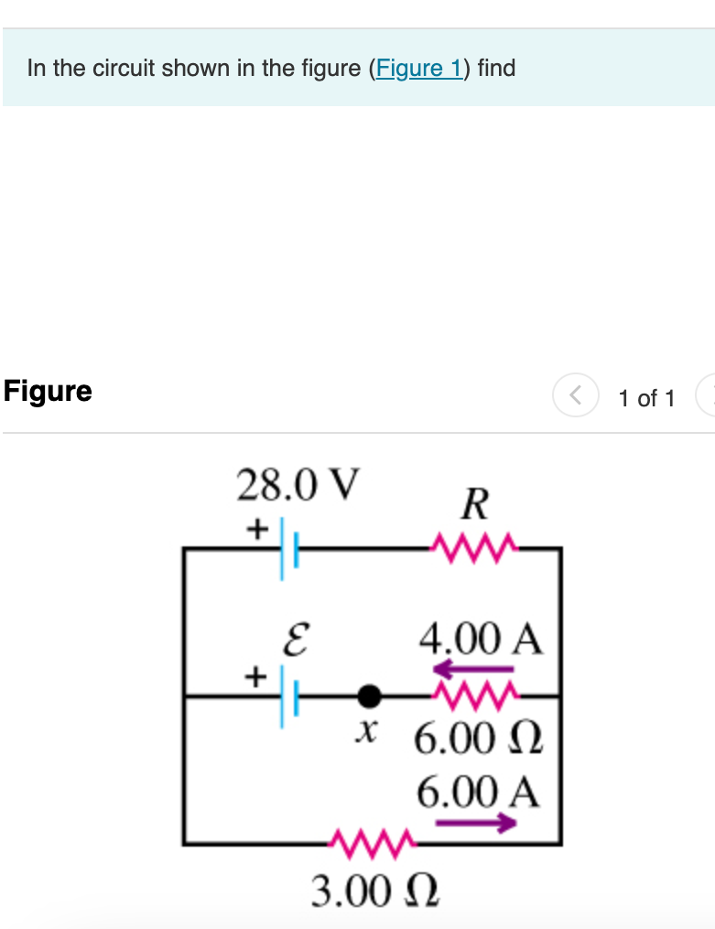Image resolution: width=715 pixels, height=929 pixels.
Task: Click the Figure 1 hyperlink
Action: click(419, 69)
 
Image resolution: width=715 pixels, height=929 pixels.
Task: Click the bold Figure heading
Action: click(48, 391)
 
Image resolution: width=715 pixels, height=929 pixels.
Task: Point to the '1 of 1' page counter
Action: click(646, 398)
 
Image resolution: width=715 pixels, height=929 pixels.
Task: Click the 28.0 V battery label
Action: click(298, 484)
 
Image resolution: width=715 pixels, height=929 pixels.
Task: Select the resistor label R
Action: click(475, 504)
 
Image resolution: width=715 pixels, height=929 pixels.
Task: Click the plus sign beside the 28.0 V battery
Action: click(258, 528)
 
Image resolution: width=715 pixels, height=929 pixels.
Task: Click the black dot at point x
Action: click(368, 697)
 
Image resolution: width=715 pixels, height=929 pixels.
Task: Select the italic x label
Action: click(367, 732)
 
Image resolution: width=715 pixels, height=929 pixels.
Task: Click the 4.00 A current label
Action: click(482, 638)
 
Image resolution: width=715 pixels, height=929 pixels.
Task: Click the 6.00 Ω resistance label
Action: click(479, 738)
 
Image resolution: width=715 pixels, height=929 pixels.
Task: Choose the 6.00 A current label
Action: click(479, 793)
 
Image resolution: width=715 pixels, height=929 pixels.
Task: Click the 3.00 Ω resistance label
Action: click(374, 890)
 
